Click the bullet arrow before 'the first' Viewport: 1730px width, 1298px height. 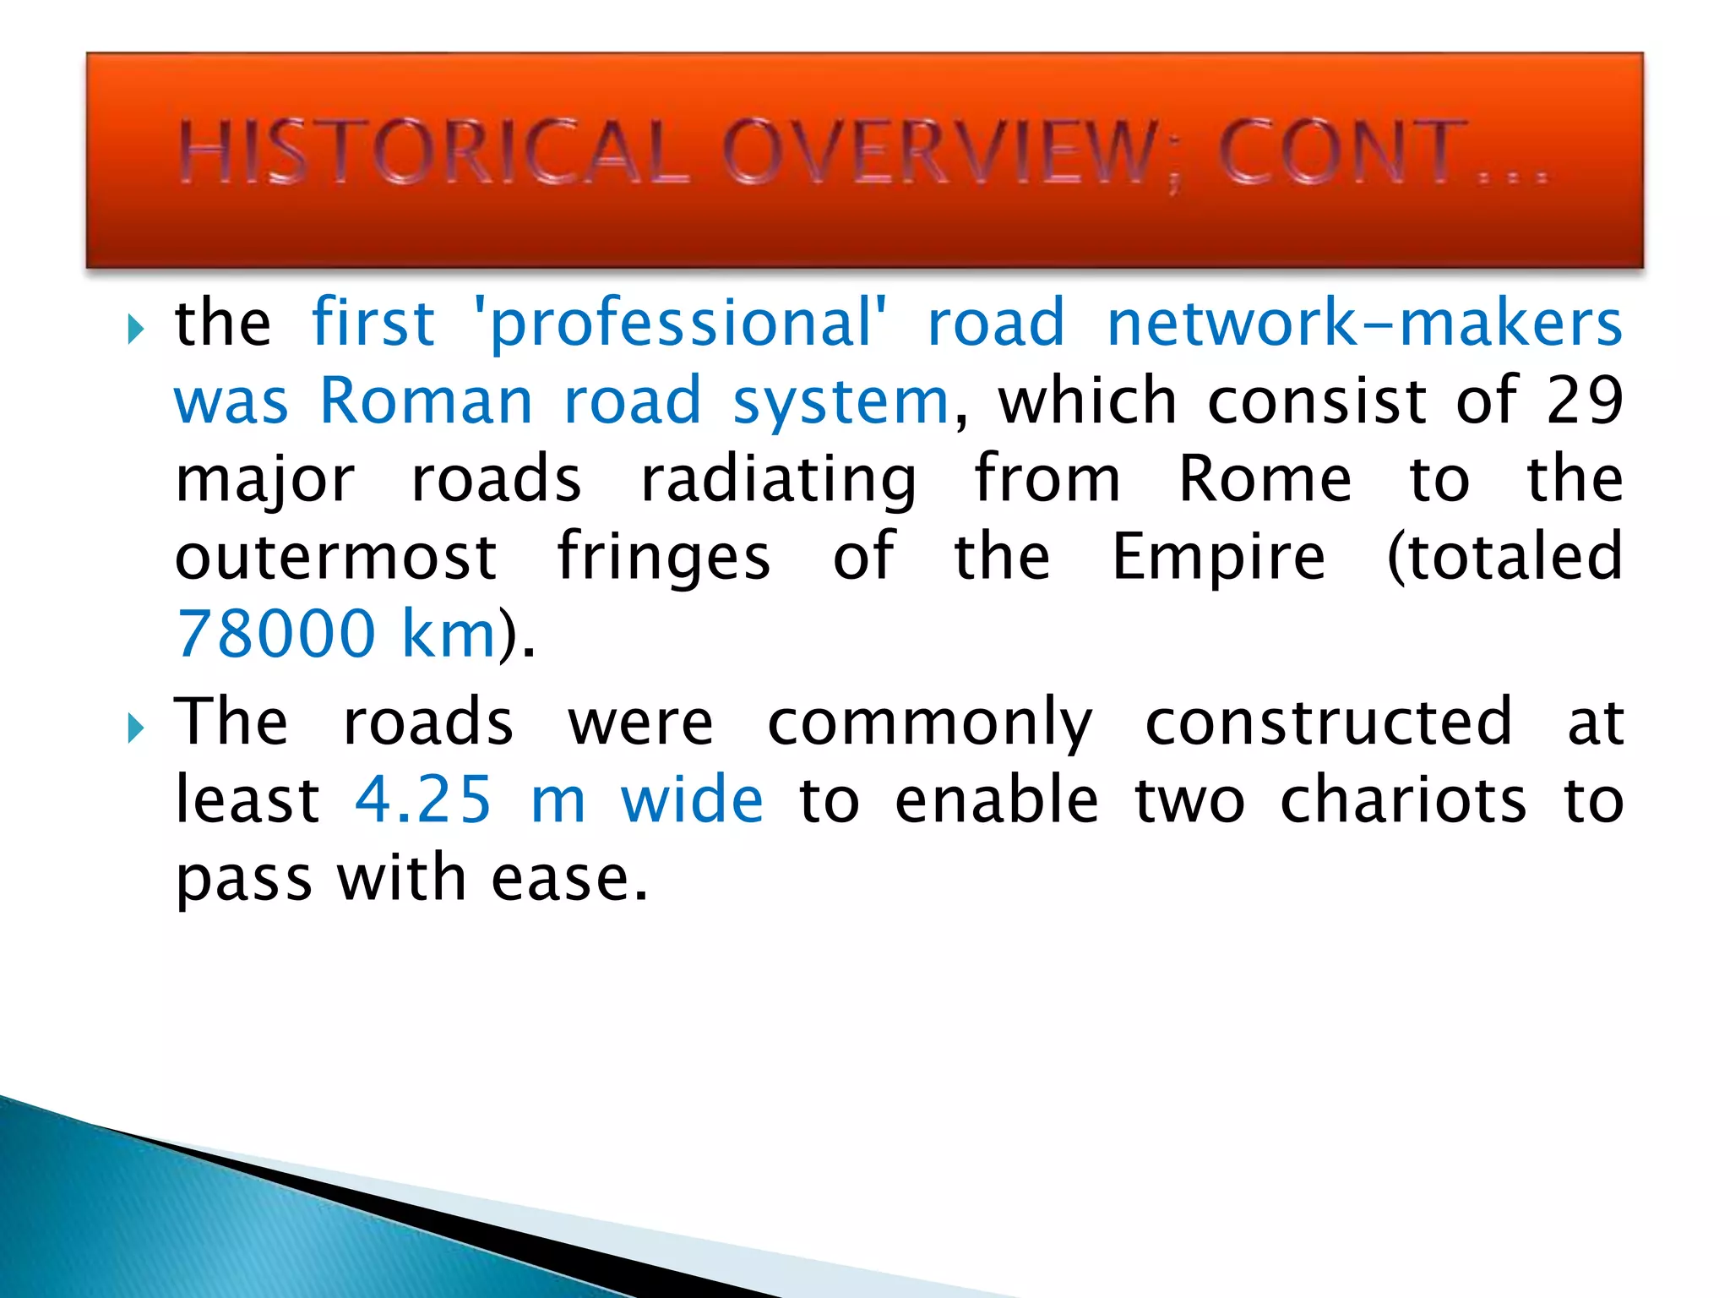(135, 329)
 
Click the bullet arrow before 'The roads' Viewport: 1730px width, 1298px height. (135, 728)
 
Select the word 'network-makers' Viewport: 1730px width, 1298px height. (1363, 323)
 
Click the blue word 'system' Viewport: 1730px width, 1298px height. (841, 402)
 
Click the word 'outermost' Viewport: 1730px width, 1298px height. (336, 557)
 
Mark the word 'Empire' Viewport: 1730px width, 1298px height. (1218, 559)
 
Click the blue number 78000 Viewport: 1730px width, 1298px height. (275, 634)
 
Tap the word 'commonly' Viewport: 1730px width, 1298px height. (929, 724)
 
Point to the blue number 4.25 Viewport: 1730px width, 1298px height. (422, 799)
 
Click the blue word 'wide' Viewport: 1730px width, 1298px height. (692, 799)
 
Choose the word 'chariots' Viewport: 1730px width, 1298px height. (1403, 799)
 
